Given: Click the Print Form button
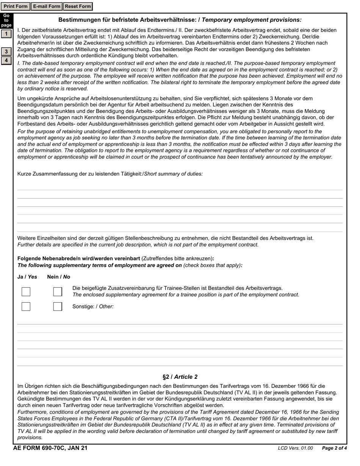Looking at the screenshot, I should coord(16,6).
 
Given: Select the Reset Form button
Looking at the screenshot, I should coord(78,6).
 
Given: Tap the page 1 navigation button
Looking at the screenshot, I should coord(6,34).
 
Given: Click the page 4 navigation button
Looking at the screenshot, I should coord(6,61).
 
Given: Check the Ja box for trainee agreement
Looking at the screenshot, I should coord(26,292).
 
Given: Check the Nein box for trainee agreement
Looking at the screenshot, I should coord(58,292).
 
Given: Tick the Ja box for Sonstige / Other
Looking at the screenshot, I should coord(26,306).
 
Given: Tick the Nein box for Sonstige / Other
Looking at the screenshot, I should coord(58,306).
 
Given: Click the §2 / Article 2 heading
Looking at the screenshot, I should coord(180,377).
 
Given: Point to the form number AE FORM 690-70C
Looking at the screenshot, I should coord(50,448).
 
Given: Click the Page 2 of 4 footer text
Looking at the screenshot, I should coord(334,449).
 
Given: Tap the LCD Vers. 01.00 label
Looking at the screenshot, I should coord(295,449).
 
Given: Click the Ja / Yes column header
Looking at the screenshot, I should coord(27,277).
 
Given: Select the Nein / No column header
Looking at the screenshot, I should coord(59,277).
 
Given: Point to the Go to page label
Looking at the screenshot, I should coord(6,20).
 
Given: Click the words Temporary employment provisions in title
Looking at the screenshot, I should coord(252,20).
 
